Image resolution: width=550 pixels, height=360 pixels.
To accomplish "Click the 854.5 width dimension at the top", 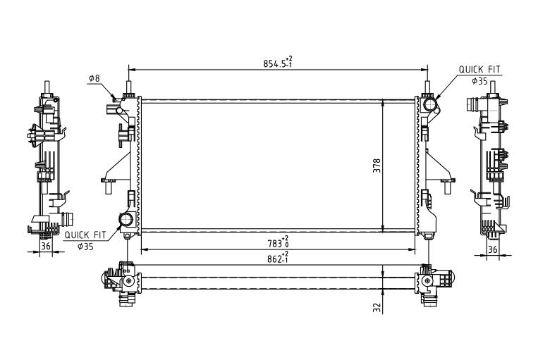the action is pyautogui.click(x=278, y=63).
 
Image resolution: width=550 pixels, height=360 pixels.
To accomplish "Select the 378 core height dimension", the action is pyautogui.click(x=377, y=166).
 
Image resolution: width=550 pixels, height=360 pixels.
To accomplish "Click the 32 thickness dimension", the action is pyautogui.click(x=377, y=308).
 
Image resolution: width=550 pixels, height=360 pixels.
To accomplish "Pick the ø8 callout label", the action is pyautogui.click(x=94, y=78).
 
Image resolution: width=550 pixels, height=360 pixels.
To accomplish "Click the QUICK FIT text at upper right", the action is pyautogui.click(x=479, y=70).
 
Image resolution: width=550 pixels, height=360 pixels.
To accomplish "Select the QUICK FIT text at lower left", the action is pyautogui.click(x=85, y=235).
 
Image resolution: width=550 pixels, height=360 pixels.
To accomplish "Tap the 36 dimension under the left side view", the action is pyautogui.click(x=46, y=246).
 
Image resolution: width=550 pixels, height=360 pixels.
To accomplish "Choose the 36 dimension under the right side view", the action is pyautogui.click(x=493, y=249).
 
